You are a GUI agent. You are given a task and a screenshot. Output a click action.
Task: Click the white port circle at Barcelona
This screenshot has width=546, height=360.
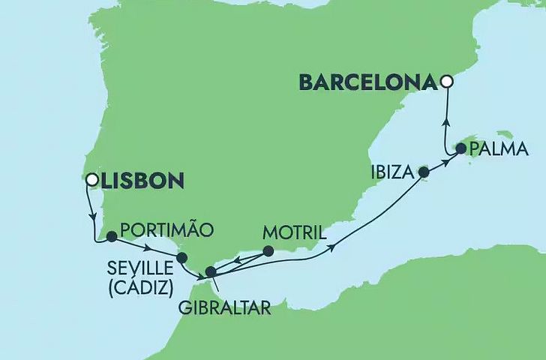pyautogui.click(x=447, y=82)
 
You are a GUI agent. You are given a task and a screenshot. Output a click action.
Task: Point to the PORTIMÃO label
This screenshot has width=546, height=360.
pyautogui.click(x=166, y=229)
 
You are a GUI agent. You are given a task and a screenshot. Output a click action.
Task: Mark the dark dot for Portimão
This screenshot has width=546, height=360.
pyautogui.click(x=112, y=236)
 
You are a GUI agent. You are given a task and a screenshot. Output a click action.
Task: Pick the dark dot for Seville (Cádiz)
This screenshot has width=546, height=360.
pyautogui.click(x=181, y=258)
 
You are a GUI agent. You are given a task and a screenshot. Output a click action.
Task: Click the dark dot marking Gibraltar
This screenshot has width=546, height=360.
pyautogui.click(x=211, y=271)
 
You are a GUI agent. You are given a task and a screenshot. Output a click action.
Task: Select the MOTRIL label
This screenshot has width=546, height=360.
pyautogui.click(x=295, y=232)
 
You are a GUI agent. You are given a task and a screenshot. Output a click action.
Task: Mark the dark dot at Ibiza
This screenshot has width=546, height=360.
pyautogui.click(x=423, y=172)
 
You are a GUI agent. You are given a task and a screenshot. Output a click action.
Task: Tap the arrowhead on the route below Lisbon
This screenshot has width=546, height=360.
pyautogui.click(x=94, y=217)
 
